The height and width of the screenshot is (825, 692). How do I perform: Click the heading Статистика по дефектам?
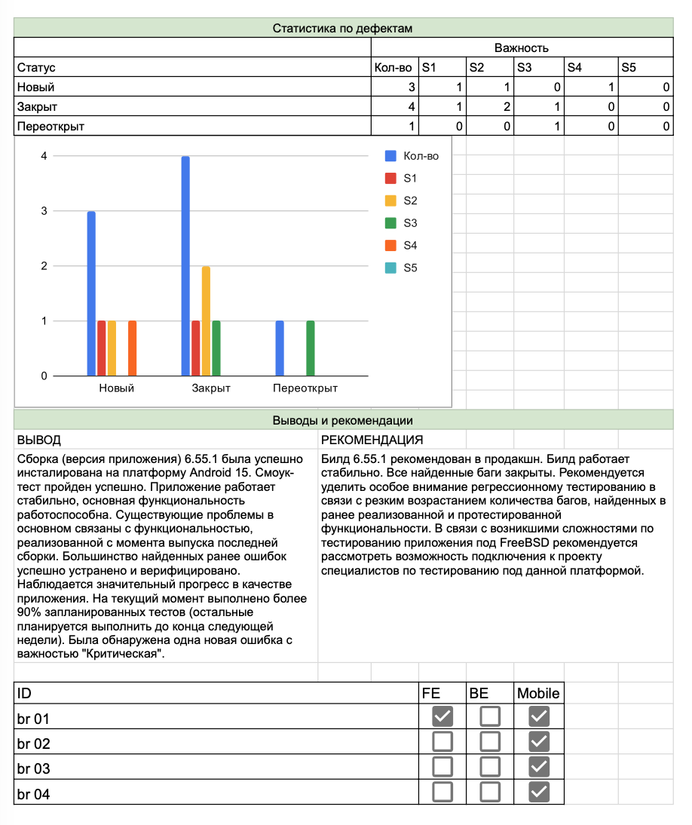pyautogui.click(x=342, y=29)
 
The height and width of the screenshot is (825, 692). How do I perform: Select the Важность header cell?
pyautogui.click(x=521, y=48)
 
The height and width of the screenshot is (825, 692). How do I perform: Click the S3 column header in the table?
pyautogui.click(x=525, y=68)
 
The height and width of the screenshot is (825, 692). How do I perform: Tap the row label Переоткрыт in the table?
pyautogui.click(x=51, y=127)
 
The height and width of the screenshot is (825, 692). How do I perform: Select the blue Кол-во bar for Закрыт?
pyautogui.click(x=185, y=265)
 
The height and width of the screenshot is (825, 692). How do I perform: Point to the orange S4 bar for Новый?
pyautogui.click(x=132, y=348)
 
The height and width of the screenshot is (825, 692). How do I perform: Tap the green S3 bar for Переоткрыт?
pyautogui.click(x=311, y=348)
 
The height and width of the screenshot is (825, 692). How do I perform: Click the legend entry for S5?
pyautogui.click(x=409, y=268)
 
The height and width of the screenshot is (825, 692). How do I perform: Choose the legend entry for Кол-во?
pyautogui.click(x=420, y=156)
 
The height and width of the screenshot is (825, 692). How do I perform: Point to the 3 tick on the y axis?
pyautogui.click(x=44, y=211)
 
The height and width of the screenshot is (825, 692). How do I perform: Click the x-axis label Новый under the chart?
pyautogui.click(x=117, y=388)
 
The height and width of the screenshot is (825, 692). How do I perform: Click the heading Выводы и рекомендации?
pyautogui.click(x=342, y=421)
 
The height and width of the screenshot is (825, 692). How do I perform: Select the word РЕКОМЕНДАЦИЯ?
pyautogui.click(x=372, y=440)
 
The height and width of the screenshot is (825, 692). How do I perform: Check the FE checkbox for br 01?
pyautogui.click(x=442, y=716)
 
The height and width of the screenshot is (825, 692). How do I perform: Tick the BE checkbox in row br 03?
pyautogui.click(x=490, y=767)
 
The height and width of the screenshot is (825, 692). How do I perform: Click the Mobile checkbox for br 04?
pyautogui.click(x=539, y=792)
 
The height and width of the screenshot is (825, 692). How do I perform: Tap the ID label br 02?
pyautogui.click(x=34, y=744)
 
